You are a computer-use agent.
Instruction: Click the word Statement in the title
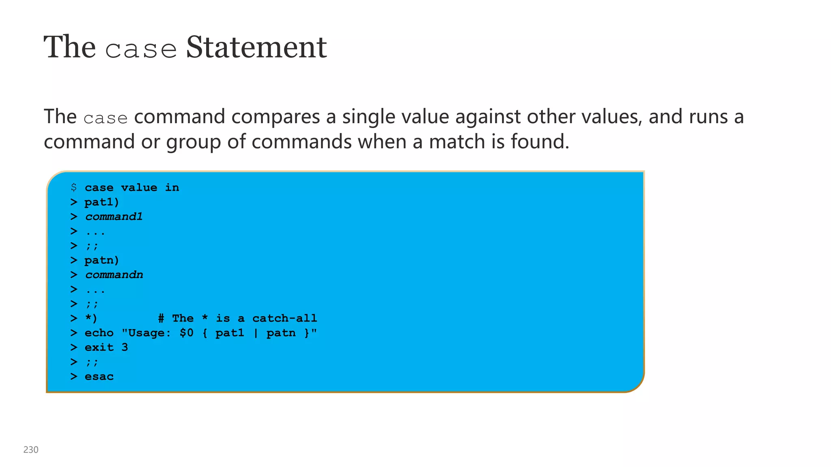coord(256,47)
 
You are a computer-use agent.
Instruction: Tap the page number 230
coord(31,450)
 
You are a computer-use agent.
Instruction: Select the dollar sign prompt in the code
coord(73,187)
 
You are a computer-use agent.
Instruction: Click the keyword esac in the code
coord(99,377)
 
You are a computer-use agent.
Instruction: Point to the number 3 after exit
coord(125,347)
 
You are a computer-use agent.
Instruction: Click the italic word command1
coord(114,216)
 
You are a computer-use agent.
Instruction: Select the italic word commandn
coord(114,275)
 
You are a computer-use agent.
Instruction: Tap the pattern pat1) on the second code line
coord(101,202)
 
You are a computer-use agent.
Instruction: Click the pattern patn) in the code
coord(101,260)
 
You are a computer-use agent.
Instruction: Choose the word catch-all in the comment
coord(284,318)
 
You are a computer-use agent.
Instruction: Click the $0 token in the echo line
coord(186,333)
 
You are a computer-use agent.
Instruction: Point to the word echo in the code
coord(99,333)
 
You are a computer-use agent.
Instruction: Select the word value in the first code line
coord(139,187)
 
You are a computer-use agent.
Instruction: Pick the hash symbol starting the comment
coord(161,318)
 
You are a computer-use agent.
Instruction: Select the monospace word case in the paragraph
coord(105,118)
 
